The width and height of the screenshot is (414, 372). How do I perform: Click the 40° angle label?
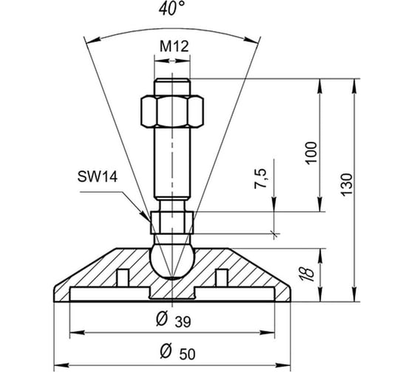172,8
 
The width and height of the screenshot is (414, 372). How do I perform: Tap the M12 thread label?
174,46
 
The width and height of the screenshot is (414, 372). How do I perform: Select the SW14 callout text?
97,176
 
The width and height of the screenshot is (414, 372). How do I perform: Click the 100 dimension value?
310,154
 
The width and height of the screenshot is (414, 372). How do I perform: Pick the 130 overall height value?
347,185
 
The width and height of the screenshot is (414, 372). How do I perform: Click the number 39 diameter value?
183,322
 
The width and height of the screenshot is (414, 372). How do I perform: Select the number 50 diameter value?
188,354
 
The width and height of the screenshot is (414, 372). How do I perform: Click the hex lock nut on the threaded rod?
172,111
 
